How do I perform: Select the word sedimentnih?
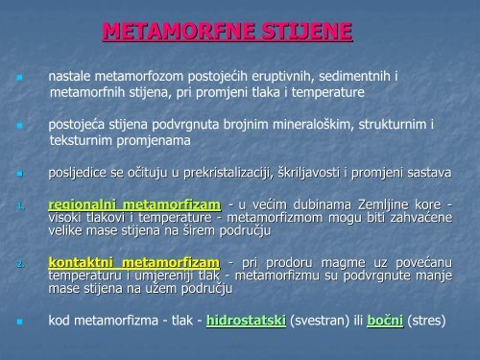tap(354, 74)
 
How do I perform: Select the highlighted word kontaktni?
tap(84, 262)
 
